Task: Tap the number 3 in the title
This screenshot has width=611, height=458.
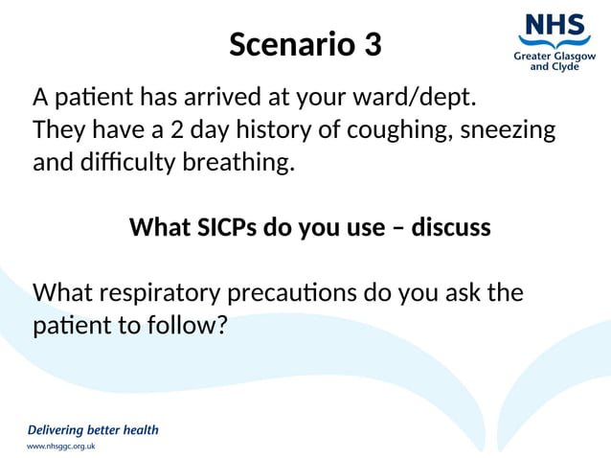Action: tap(372, 44)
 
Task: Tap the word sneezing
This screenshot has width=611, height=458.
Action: tap(508, 129)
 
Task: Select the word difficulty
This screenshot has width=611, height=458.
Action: tap(128, 162)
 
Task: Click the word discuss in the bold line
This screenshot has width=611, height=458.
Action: tap(450, 227)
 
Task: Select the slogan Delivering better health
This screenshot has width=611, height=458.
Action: tap(93, 429)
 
